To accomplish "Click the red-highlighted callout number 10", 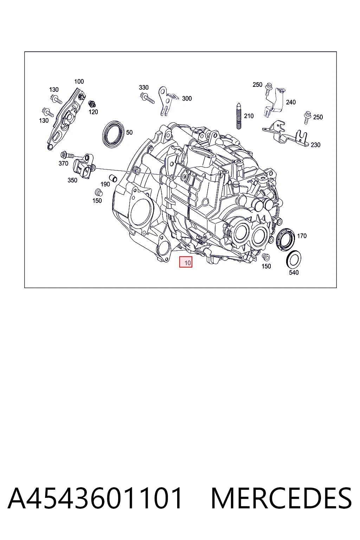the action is click(x=188, y=263).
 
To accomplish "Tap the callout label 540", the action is click(x=294, y=272).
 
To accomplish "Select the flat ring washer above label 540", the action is click(x=294, y=260).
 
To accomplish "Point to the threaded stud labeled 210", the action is click(x=239, y=116).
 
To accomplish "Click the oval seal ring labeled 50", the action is click(x=113, y=134).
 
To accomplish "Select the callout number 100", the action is click(x=79, y=82).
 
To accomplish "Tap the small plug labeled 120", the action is click(x=92, y=104).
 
